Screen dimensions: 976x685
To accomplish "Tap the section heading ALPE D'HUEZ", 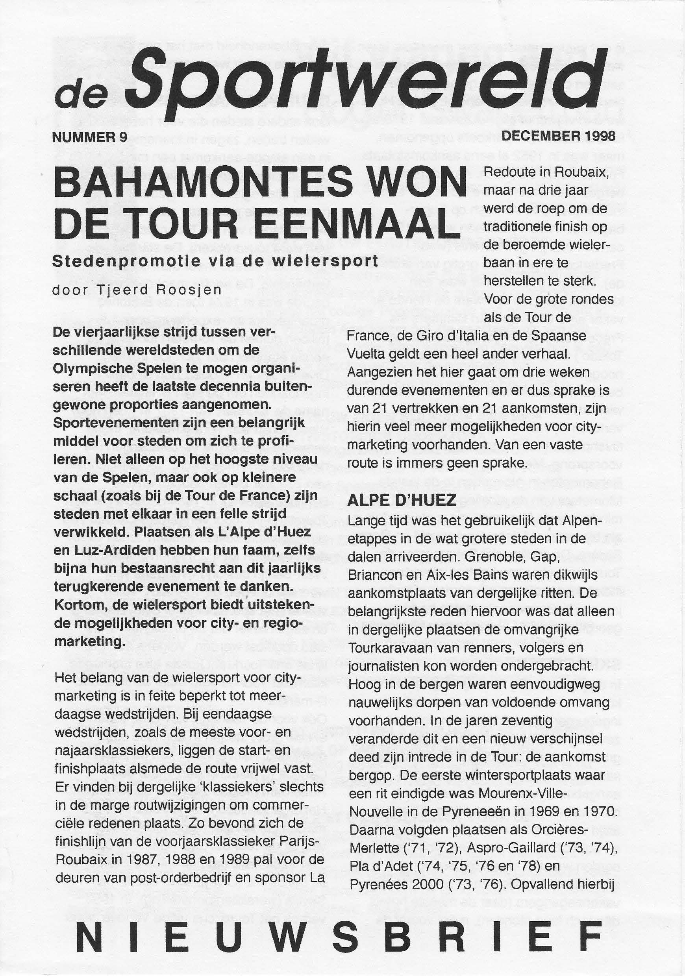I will tap(402, 501).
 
